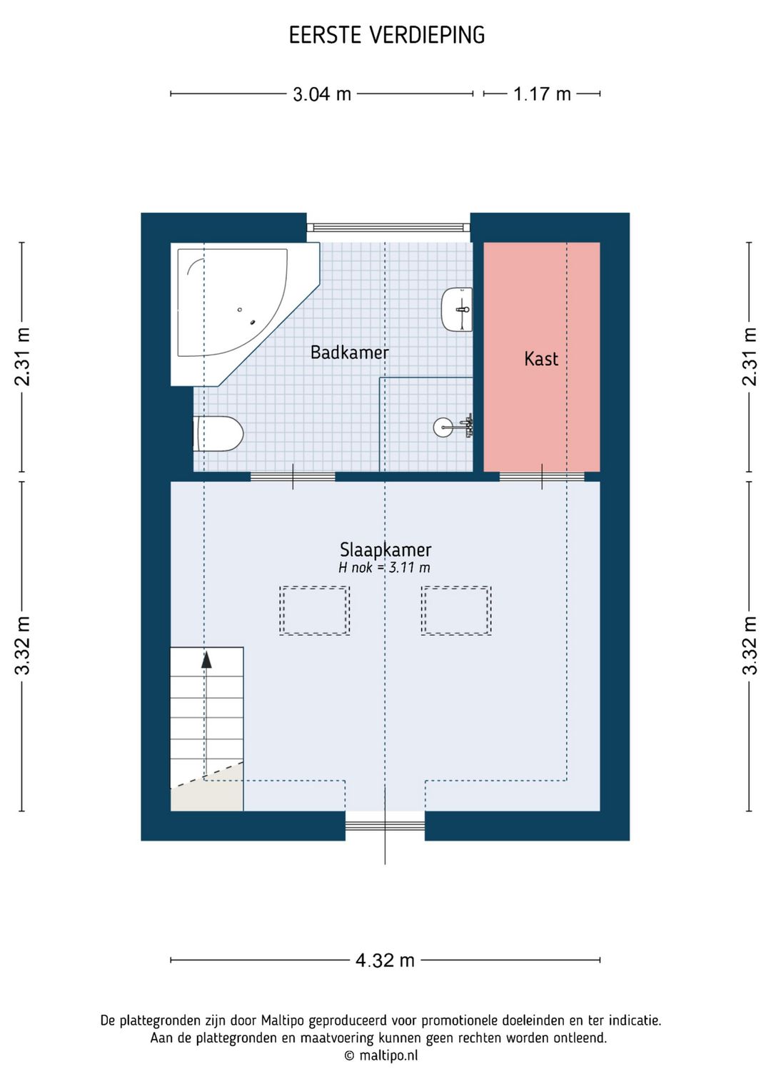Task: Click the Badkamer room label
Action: [x=349, y=353]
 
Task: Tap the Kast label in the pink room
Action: [x=541, y=359]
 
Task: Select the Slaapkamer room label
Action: [x=385, y=549]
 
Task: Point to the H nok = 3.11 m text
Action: [x=384, y=567]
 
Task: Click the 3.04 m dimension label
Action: [x=321, y=93]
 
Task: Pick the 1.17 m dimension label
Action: [x=542, y=93]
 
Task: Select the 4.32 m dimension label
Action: [x=385, y=960]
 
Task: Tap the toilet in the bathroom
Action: [x=218, y=434]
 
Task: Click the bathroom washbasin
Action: [x=457, y=309]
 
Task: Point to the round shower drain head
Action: [x=443, y=427]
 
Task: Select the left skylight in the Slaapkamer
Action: [x=314, y=611]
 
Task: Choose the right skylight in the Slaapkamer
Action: [x=456, y=611]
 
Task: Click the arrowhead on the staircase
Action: [x=207, y=659]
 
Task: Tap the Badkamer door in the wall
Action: [x=293, y=477]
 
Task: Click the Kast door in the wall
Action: [x=542, y=477]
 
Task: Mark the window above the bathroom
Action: [x=388, y=227]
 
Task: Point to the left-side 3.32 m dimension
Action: [x=22, y=646]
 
